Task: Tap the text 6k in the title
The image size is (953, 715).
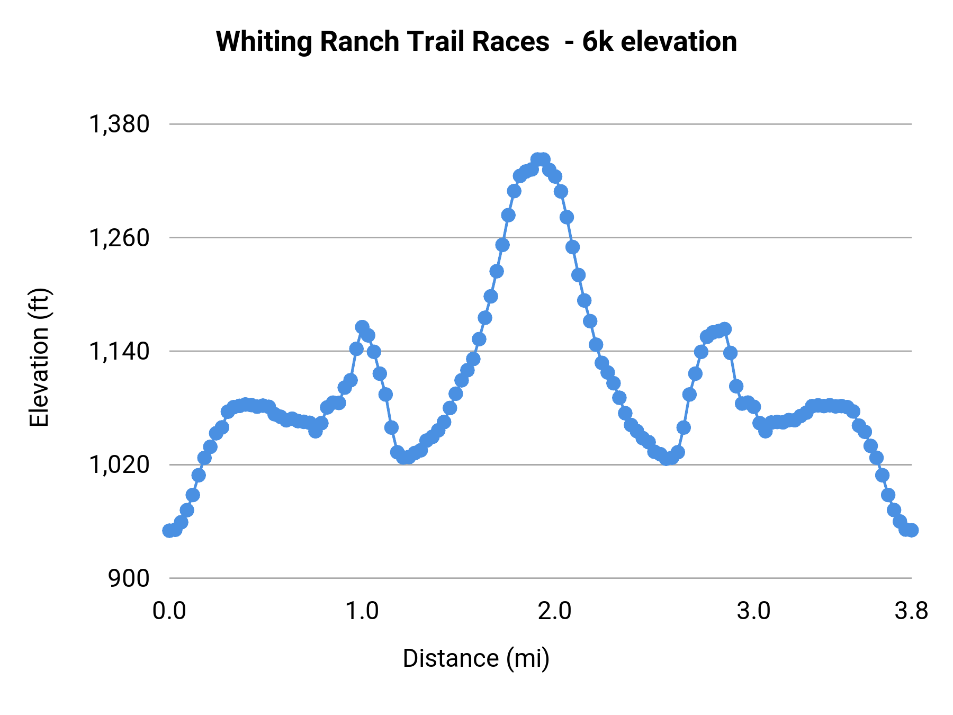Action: (x=598, y=42)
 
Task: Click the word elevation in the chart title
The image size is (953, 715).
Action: (x=678, y=42)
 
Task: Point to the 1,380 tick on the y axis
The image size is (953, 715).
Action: (x=119, y=124)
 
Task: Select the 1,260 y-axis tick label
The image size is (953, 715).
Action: (x=119, y=238)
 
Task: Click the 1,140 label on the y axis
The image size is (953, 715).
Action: (x=119, y=351)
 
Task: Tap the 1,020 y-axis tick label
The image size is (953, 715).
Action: (x=119, y=464)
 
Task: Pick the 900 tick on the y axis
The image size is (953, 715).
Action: (x=129, y=578)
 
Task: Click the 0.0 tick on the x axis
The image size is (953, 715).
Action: (x=169, y=611)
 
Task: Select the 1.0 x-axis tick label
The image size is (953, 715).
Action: (x=362, y=611)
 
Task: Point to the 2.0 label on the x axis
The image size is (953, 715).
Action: (x=555, y=611)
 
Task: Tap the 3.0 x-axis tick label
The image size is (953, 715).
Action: (x=754, y=611)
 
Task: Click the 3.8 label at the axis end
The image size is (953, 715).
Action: (x=911, y=611)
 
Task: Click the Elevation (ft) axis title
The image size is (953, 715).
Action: (x=39, y=358)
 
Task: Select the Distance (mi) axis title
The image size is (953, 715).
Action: (x=476, y=658)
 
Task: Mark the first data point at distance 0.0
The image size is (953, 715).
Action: (x=169, y=531)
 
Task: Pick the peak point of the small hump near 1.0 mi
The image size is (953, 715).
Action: (x=362, y=327)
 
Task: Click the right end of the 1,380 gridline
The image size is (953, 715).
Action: (x=911, y=124)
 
